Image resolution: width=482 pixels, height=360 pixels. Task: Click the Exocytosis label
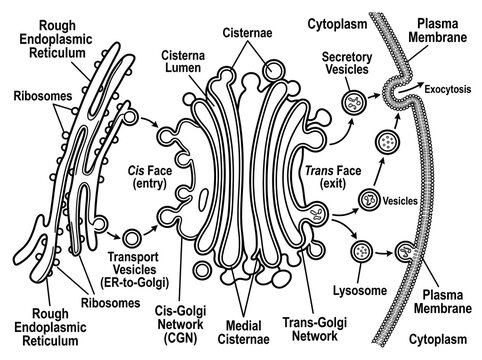click(448, 89)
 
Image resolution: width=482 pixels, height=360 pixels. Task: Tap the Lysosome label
click(360, 290)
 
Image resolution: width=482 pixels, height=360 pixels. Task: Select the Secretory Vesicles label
click(347, 63)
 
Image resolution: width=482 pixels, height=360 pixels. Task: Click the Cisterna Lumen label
click(183, 61)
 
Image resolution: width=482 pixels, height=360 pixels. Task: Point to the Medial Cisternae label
click(243, 332)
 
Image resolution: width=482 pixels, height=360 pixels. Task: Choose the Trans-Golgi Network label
click(315, 329)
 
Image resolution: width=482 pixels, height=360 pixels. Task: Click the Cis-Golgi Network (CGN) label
click(180, 324)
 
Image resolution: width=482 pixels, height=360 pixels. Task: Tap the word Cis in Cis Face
click(136, 171)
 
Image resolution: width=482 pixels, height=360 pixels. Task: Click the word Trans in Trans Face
click(319, 171)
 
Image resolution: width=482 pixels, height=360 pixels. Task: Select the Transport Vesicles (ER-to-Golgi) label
click(135, 270)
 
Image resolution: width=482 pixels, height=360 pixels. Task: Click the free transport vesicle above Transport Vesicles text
click(132, 238)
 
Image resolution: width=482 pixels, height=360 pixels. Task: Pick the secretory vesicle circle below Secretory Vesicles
click(354, 102)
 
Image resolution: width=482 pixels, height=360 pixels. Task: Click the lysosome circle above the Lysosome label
click(362, 252)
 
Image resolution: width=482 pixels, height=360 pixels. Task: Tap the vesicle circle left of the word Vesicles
click(369, 199)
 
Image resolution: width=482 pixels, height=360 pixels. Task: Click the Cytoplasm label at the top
click(337, 24)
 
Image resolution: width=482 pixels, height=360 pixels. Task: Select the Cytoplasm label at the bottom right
click(438, 339)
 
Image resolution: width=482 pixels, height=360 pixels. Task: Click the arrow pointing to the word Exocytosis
click(411, 86)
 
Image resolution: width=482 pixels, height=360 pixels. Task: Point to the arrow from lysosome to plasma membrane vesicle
click(384, 253)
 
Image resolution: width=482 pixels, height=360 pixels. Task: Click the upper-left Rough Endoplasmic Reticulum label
click(56, 39)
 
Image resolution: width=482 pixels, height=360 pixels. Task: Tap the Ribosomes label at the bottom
click(111, 303)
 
